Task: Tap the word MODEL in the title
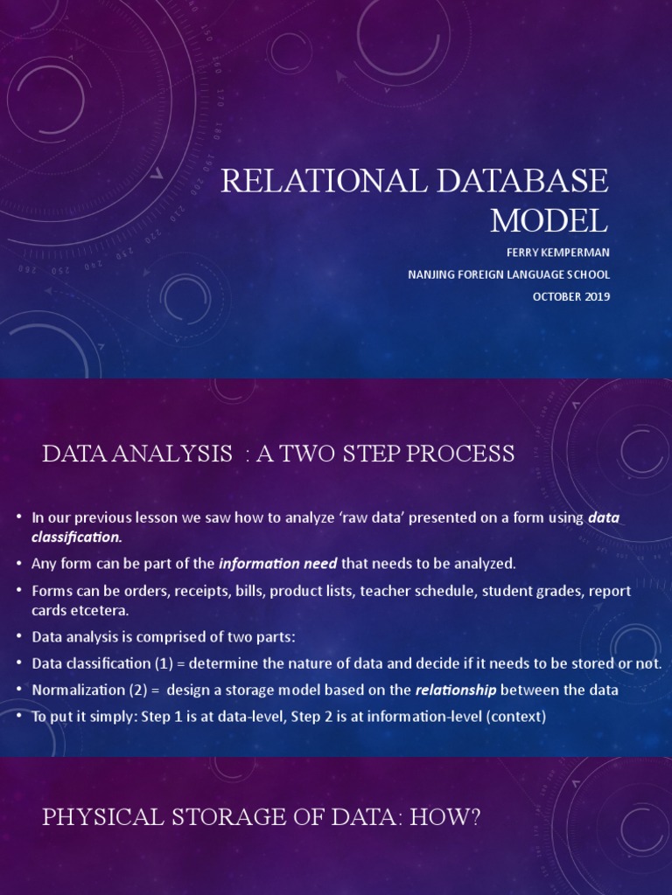coord(549,220)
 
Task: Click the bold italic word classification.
coord(76,536)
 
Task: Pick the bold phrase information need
coord(277,562)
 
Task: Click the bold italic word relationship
coord(455,690)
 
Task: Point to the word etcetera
coord(101,609)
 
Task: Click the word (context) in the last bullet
coord(516,717)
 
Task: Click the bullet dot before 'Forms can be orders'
coord(19,591)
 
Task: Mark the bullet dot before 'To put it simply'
coord(19,717)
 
